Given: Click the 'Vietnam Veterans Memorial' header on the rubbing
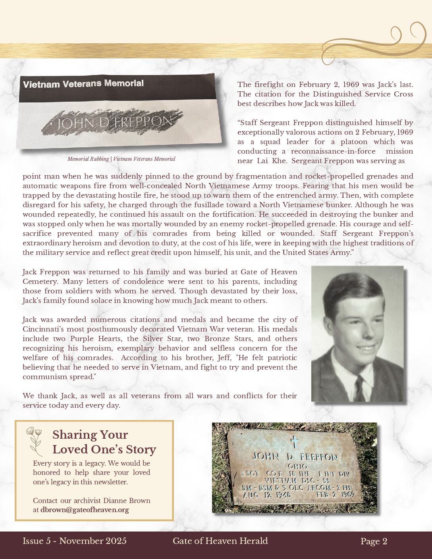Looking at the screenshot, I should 83,84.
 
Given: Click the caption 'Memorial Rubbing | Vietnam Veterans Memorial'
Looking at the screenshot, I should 121,159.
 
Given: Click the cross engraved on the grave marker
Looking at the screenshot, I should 294,441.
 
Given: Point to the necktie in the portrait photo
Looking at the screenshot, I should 359,389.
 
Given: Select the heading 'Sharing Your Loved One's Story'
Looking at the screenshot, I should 104,442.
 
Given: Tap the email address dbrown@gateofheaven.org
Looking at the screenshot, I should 85,510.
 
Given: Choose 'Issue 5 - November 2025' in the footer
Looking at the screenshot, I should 75,541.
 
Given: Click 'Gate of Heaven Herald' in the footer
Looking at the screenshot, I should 220,541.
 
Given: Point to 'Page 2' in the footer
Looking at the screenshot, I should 374,541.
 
